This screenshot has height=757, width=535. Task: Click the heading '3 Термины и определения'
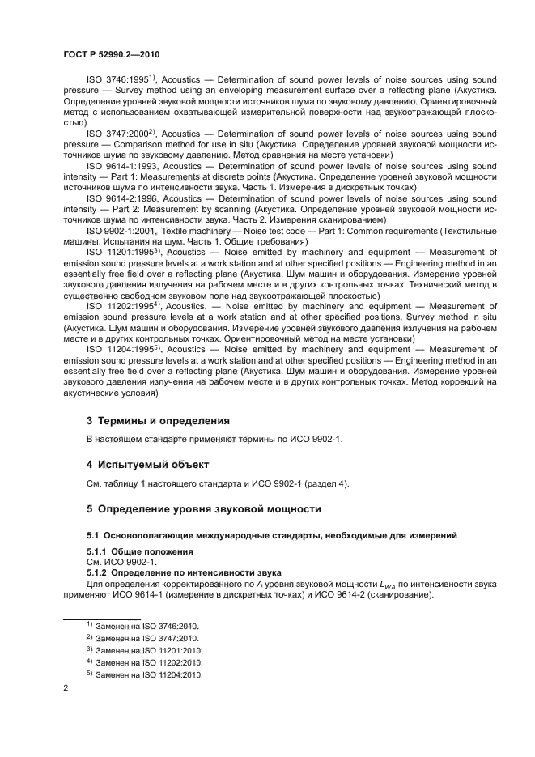(x=158, y=421)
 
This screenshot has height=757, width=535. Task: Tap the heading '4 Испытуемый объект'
(x=147, y=465)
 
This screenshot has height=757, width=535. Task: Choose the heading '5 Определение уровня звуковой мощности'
(x=203, y=509)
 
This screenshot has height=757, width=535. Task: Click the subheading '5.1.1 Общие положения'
(x=140, y=551)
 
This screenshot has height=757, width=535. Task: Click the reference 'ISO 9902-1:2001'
(x=121, y=231)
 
